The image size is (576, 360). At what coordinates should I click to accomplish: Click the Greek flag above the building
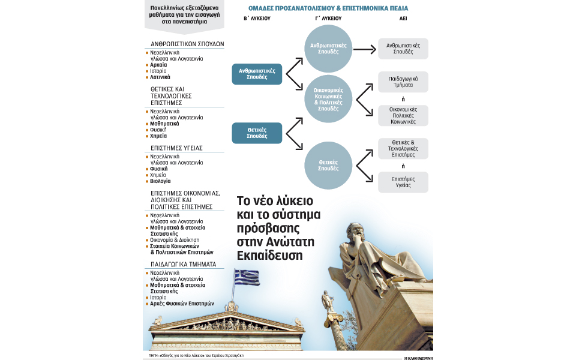pos(246,277)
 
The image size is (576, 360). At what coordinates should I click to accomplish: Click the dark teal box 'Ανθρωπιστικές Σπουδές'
pos(257,74)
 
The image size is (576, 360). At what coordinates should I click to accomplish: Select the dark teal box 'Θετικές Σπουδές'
pos(257,133)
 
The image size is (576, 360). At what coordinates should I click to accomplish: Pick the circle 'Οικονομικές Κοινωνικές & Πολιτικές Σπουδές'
pos(328,98)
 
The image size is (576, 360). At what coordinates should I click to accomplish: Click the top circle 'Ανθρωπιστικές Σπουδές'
pos(328,49)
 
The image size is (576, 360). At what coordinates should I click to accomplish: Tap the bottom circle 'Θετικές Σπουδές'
pos(328,164)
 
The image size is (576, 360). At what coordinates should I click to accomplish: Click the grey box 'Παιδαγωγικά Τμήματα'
pos(403,82)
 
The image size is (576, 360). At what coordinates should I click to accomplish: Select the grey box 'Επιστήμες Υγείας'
pos(403,182)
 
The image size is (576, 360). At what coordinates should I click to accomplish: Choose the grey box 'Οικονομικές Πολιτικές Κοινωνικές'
pos(403,115)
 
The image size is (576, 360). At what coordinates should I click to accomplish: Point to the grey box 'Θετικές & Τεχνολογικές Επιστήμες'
pos(403,148)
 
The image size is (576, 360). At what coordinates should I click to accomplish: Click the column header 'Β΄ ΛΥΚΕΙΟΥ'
pos(257,19)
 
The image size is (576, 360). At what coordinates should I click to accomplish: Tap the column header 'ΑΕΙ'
pos(403,19)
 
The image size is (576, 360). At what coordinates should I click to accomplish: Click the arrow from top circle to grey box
pos(364,49)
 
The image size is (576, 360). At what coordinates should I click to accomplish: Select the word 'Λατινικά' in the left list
pos(160,77)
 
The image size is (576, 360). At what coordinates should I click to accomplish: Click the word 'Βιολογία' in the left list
pos(160,181)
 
